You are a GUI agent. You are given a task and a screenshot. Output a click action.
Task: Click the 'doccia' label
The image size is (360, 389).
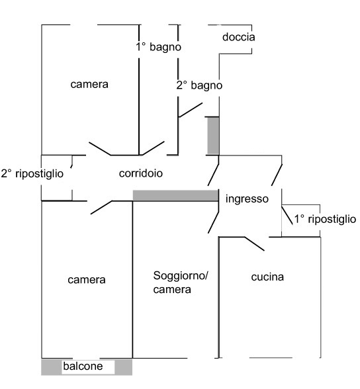tap(238, 37)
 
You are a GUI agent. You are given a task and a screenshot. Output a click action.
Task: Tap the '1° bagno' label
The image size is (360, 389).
tap(159, 46)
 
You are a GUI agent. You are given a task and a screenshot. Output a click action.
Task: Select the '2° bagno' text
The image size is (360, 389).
tap(199, 85)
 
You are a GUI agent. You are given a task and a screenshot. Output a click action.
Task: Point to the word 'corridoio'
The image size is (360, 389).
tap(141, 173)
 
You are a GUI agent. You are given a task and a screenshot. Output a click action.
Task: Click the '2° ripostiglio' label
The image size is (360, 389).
tap(32, 173)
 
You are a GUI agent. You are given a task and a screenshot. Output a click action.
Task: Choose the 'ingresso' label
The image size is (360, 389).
tap(247, 199)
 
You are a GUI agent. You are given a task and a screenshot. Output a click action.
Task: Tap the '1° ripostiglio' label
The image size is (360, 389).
tap(325, 219)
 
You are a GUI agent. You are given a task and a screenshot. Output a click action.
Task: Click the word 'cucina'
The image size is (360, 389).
tap(267, 277)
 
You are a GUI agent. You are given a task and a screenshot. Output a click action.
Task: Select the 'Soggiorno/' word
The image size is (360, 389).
tap(181, 276)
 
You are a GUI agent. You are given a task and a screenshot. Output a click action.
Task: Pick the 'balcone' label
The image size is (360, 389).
tap(83, 367)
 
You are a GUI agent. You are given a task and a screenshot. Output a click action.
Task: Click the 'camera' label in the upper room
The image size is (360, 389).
tap(89, 85)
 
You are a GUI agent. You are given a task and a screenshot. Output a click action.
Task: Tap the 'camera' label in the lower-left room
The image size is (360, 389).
tap(87, 280)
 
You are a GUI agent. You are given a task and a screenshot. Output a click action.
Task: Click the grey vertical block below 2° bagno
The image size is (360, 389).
tap(213, 136)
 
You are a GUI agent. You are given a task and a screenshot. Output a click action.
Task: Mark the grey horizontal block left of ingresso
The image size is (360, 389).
tap(175, 196)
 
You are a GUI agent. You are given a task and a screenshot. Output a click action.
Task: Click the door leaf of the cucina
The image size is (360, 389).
tap(255, 244)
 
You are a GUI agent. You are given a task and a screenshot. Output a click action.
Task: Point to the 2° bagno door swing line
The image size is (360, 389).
tap(191, 110)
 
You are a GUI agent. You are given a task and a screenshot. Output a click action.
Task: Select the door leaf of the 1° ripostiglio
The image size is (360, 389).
tap(287, 215)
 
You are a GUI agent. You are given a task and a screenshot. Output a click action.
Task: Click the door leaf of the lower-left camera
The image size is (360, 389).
tap(101, 208)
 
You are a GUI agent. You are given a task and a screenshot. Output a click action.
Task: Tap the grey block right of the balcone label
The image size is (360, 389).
tap(123, 367)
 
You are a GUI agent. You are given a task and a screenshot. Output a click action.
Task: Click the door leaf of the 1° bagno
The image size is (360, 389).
tap(153, 148)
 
